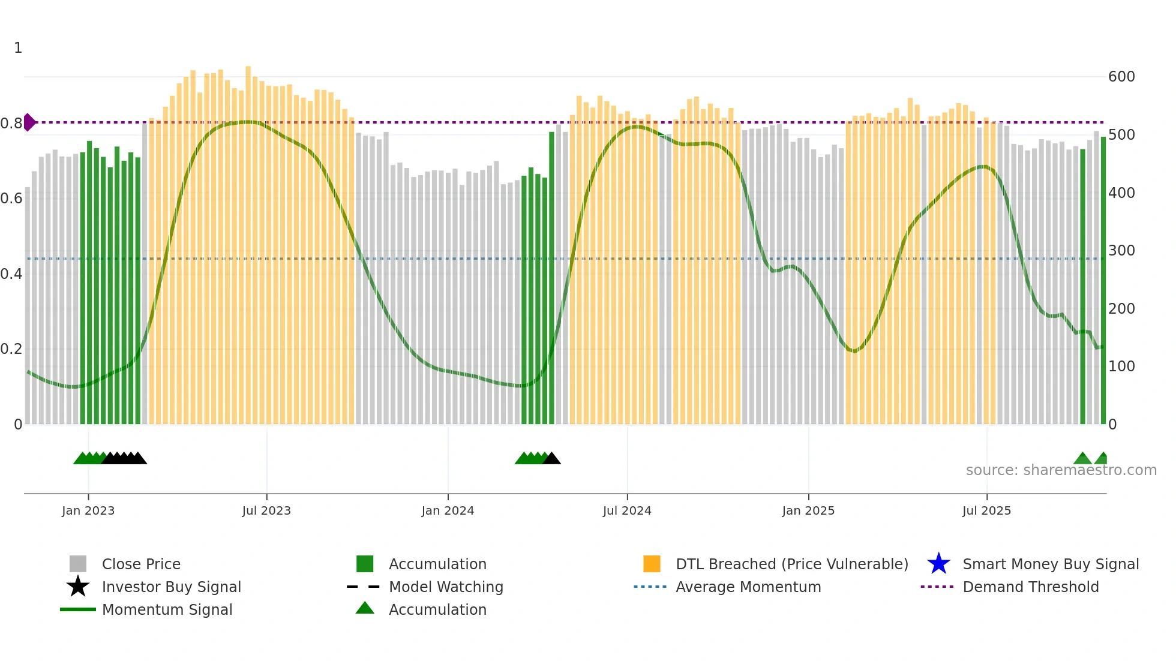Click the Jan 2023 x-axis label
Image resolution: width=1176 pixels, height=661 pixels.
click(88, 510)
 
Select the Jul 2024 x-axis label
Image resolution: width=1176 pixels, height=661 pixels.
click(627, 510)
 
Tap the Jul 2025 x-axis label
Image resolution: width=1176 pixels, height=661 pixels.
click(986, 510)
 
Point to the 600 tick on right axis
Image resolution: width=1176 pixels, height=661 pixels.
click(1121, 77)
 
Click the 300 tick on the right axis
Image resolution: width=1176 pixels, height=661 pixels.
click(1121, 251)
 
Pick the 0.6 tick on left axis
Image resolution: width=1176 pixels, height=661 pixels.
click(11, 199)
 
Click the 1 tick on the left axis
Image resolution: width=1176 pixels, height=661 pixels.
click(18, 48)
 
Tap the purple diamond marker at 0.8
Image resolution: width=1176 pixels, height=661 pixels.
click(29, 122)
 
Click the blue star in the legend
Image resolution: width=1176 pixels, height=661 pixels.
click(938, 564)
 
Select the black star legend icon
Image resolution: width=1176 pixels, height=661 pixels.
click(78, 587)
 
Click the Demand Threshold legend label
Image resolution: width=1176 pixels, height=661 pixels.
click(1030, 587)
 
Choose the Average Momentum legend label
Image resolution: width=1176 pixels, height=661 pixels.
click(748, 587)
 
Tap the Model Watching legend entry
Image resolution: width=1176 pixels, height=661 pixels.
click(445, 587)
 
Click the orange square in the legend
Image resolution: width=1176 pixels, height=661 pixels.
click(652, 564)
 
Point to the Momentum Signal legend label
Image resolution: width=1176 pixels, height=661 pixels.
click(167, 609)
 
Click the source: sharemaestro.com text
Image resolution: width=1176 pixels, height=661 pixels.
click(1061, 470)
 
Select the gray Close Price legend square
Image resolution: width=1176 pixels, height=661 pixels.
click(78, 564)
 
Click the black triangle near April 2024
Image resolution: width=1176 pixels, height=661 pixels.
click(551, 459)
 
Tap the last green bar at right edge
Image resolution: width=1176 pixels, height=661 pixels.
click(1103, 282)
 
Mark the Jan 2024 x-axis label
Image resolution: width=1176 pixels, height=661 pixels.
click(448, 510)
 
